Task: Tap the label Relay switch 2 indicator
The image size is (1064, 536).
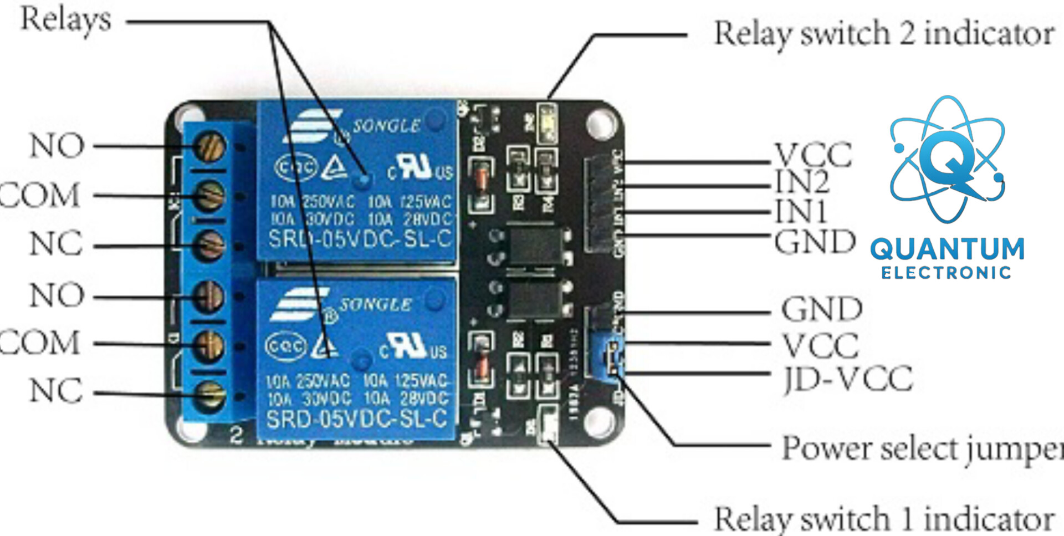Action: (884, 34)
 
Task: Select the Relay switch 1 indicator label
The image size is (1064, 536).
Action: (884, 519)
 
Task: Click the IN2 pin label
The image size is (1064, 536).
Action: (802, 181)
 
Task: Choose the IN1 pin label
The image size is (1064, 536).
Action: (801, 211)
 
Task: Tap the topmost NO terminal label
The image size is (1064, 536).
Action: (57, 146)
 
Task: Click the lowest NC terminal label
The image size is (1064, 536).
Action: (56, 391)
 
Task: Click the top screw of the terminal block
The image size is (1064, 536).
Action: (210, 146)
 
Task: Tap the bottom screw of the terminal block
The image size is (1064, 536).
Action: (210, 394)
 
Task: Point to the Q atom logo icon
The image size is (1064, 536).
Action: (947, 161)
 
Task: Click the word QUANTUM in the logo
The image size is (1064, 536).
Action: (947, 249)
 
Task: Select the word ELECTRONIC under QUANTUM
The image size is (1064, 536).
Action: (946, 273)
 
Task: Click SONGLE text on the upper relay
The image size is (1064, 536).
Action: (387, 126)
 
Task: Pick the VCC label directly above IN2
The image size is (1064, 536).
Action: (813, 154)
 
